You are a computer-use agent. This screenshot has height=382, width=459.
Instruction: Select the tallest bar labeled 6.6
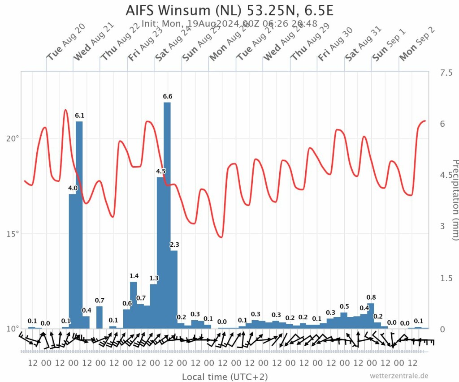pyautogui.click(x=167, y=215)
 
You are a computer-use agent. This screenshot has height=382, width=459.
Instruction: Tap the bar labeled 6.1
pyautogui.click(x=79, y=224)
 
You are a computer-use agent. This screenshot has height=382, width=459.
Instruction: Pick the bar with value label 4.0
pyautogui.click(x=72, y=260)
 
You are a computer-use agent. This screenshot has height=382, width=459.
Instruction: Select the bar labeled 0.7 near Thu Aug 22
pyautogui.click(x=100, y=317)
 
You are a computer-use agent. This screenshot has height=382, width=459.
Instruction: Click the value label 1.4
pyautogui.click(x=134, y=276)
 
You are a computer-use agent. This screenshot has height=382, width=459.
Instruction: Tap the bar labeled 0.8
pyautogui.click(x=371, y=316)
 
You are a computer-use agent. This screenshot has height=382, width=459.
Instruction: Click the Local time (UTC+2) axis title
pyautogui.click(x=225, y=377)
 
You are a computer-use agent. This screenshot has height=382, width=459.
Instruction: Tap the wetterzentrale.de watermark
pyautogui.click(x=399, y=376)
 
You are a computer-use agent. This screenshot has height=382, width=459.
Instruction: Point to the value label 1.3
pyautogui.click(x=154, y=278)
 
